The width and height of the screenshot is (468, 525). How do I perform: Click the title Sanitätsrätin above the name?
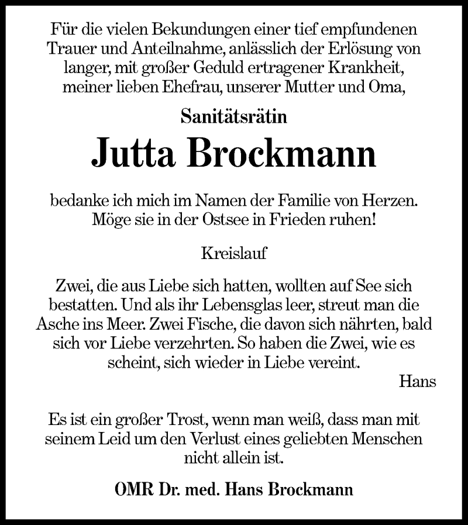click(233, 118)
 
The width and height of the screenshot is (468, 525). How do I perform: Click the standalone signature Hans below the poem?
click(418, 382)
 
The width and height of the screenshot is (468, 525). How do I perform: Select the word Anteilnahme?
click(156, 49)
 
